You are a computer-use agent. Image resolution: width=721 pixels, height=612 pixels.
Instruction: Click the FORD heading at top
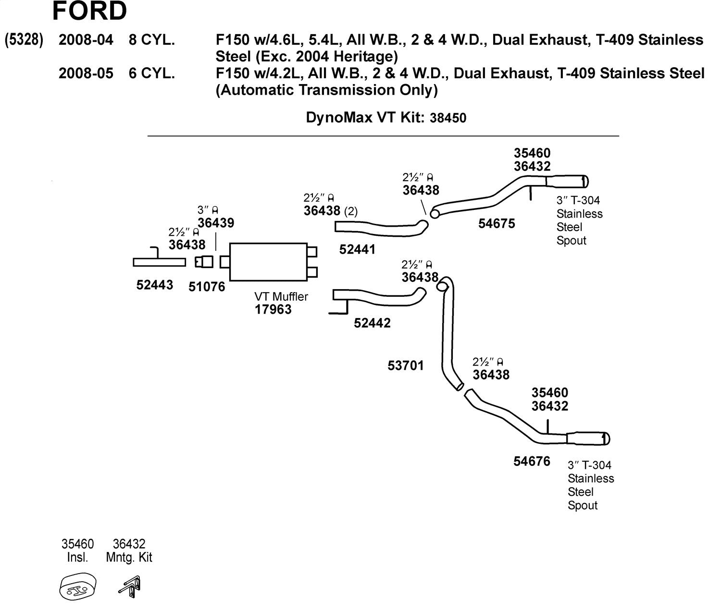pos(89,12)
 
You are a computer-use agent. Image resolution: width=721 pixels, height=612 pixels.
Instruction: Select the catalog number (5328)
pos(24,40)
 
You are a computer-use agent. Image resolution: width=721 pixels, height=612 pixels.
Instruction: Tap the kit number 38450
pos(445,118)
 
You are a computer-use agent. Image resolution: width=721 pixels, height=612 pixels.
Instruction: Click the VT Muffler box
pos(268,262)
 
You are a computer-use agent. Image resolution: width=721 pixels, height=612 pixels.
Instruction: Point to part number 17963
pos(273,309)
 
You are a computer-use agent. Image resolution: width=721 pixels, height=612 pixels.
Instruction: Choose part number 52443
pos(155,285)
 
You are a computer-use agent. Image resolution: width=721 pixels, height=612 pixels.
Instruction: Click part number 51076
pos(207,287)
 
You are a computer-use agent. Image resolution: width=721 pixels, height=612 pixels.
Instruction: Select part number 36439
pos(216,223)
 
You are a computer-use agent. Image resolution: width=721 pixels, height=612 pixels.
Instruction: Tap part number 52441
pos(357,249)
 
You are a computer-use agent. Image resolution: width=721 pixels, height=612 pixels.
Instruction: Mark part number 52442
pos(372,323)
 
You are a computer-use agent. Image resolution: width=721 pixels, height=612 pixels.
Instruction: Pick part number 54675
pos(497,223)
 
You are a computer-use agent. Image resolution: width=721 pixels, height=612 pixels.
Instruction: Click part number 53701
pos(406,366)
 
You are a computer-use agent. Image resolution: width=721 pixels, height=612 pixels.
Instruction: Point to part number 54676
pos(532,461)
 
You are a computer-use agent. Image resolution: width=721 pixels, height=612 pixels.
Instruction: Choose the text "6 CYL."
pos(152,73)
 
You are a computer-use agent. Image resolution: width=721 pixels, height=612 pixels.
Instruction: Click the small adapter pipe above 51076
pos(204,262)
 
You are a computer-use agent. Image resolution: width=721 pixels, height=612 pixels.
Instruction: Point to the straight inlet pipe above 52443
pos(159,262)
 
